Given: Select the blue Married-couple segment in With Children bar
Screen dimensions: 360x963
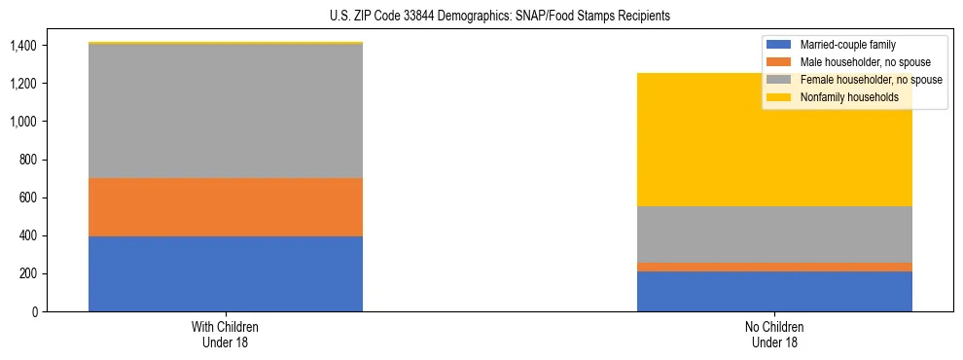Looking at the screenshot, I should click(226, 273).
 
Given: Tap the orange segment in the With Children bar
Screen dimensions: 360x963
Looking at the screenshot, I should click(226, 206).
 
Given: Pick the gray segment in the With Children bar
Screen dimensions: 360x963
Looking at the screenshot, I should click(226, 111).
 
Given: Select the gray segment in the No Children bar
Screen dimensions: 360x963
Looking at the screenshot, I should click(774, 234).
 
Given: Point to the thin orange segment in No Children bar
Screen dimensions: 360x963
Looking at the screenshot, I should click(774, 267).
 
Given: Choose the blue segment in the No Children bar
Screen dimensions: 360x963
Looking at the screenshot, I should click(774, 291).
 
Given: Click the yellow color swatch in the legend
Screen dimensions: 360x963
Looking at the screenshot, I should click(779, 97).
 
